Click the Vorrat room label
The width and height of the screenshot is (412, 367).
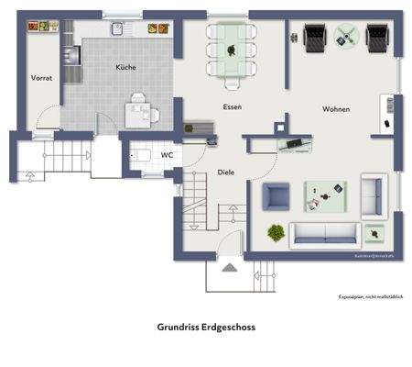(41, 79)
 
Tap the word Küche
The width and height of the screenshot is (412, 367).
(125, 68)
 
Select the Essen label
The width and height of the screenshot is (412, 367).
(232, 107)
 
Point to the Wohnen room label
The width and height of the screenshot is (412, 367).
(336, 109)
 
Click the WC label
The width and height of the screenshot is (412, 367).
(167, 155)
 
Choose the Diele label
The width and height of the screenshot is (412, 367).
(226, 172)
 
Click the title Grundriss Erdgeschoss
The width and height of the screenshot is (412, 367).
(205, 326)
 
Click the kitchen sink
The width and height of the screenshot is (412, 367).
(117, 29)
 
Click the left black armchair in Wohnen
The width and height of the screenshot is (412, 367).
(314, 38)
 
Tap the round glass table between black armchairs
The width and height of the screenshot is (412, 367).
(346, 37)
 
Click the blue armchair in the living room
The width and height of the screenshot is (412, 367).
(276, 195)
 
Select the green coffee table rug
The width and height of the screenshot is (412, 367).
(325, 193)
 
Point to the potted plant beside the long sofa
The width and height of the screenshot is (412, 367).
(276, 233)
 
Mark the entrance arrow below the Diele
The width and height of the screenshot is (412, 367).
(230, 267)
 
